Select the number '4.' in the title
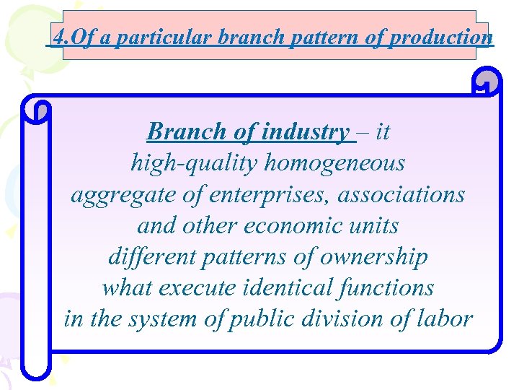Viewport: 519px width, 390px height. pos(61,37)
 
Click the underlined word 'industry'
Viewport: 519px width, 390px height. pos(304,131)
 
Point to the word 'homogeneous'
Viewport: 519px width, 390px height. pos(335,163)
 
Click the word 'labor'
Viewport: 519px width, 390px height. pos(449,319)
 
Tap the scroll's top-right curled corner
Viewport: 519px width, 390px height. pos(487,82)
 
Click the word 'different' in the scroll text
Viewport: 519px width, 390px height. pos(148,257)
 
